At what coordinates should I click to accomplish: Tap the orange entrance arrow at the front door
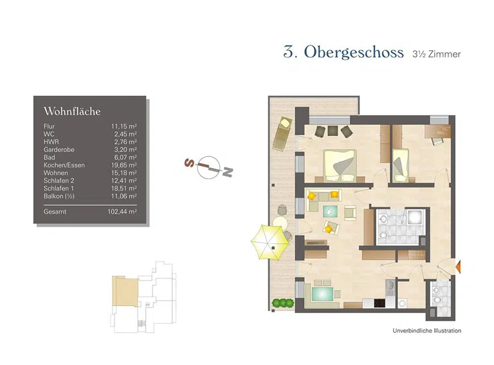click(x=458, y=265)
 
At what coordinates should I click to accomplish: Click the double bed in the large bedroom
click(x=339, y=165)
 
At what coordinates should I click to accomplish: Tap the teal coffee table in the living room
click(x=329, y=211)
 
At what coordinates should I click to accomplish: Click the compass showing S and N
click(x=208, y=167)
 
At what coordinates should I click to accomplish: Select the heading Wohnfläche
click(x=72, y=111)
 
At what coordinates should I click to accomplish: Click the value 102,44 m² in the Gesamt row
click(x=123, y=211)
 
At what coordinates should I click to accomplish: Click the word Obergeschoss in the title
click(x=354, y=53)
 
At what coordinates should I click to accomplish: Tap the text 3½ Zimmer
click(x=436, y=55)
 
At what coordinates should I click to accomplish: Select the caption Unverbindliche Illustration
click(x=426, y=331)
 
